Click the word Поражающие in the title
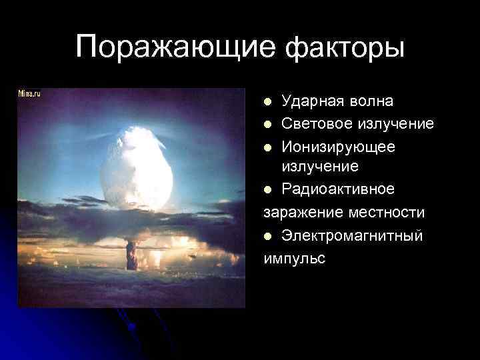pyautogui.click(x=175, y=49)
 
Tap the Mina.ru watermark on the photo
pyautogui.click(x=30, y=94)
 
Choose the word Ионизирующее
pyautogui.click(x=338, y=145)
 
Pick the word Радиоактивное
pyautogui.click(x=337, y=189)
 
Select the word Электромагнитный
pyautogui.click(x=352, y=235)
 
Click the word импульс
pyautogui.click(x=294, y=258)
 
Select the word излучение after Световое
pyautogui.click(x=395, y=123)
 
